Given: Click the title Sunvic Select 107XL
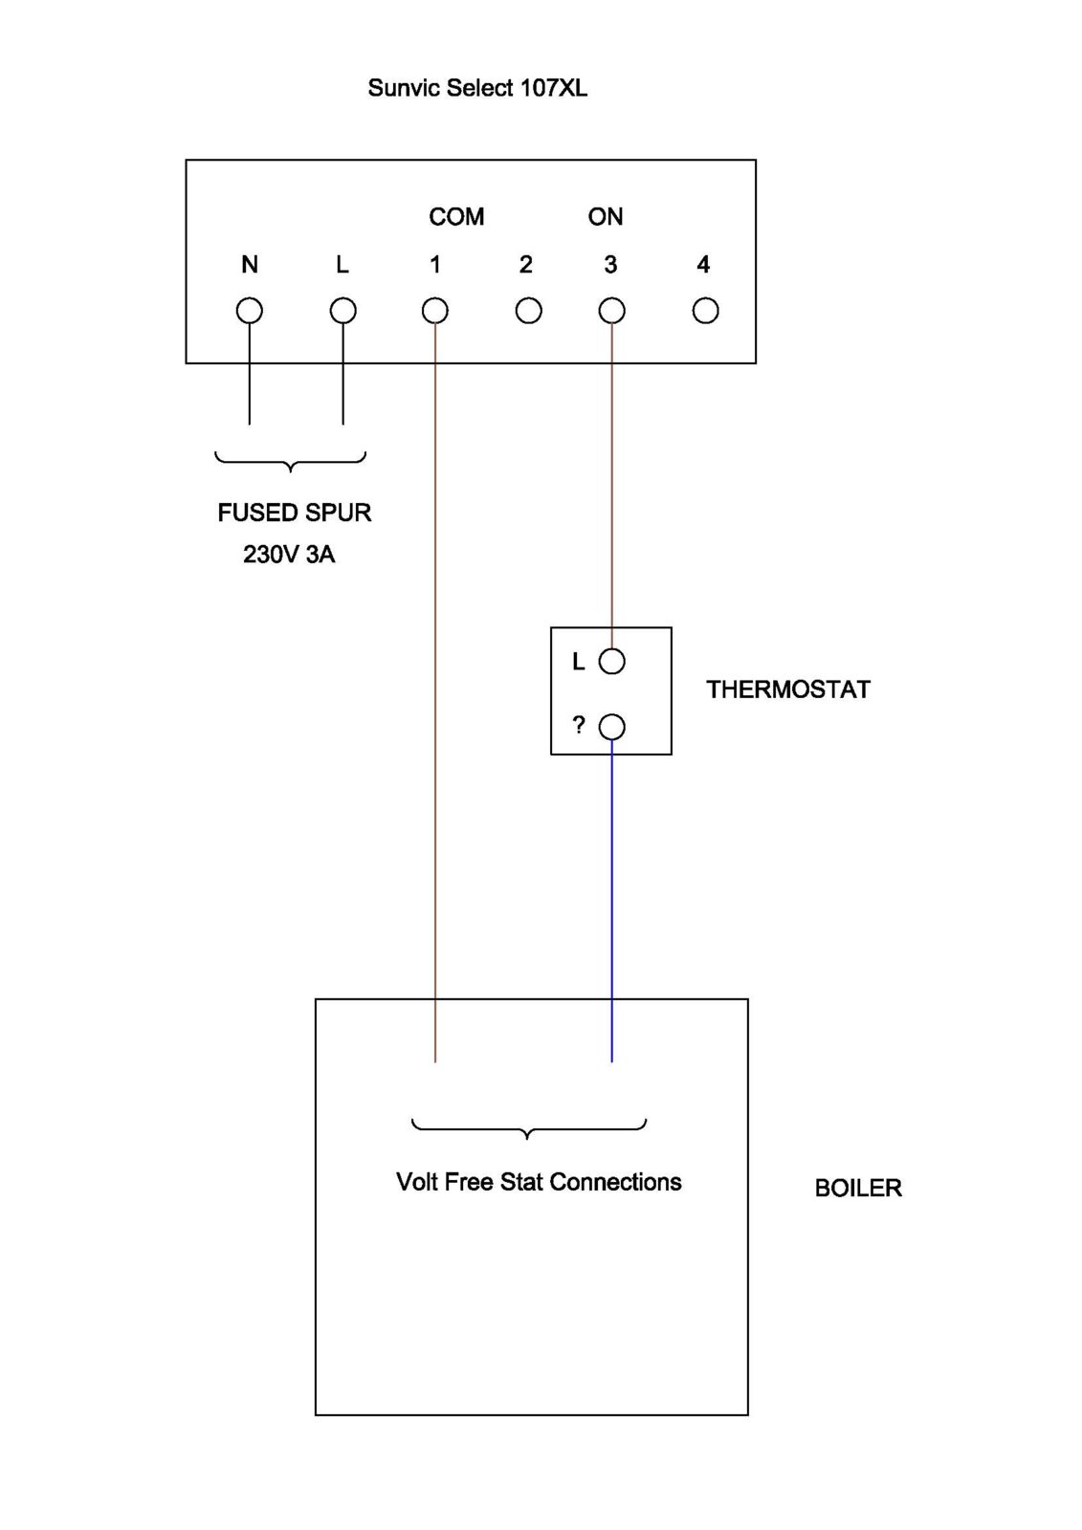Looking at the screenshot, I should (477, 88).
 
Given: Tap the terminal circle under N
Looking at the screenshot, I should (250, 311).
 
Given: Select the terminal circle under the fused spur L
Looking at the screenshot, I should (342, 311).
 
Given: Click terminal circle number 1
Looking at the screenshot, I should (435, 311).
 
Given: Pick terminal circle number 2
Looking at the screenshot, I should (528, 311).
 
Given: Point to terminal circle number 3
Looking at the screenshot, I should (611, 311).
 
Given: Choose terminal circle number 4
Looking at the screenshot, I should (705, 311).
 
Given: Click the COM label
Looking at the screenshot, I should (456, 217).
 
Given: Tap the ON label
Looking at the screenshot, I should (606, 217).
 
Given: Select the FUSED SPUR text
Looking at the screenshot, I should (295, 513).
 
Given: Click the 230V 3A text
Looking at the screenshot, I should (289, 555).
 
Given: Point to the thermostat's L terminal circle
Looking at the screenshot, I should (611, 661).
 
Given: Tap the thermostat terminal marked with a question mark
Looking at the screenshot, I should (611, 728).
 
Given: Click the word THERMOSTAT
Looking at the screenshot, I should (788, 689).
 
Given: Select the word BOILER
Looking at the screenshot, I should (858, 1188).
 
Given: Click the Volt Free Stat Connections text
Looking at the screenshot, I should (539, 1182).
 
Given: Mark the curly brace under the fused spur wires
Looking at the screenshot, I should (291, 462).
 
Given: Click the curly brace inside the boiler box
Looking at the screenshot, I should (528, 1129).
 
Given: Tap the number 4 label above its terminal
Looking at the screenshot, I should (703, 265).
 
